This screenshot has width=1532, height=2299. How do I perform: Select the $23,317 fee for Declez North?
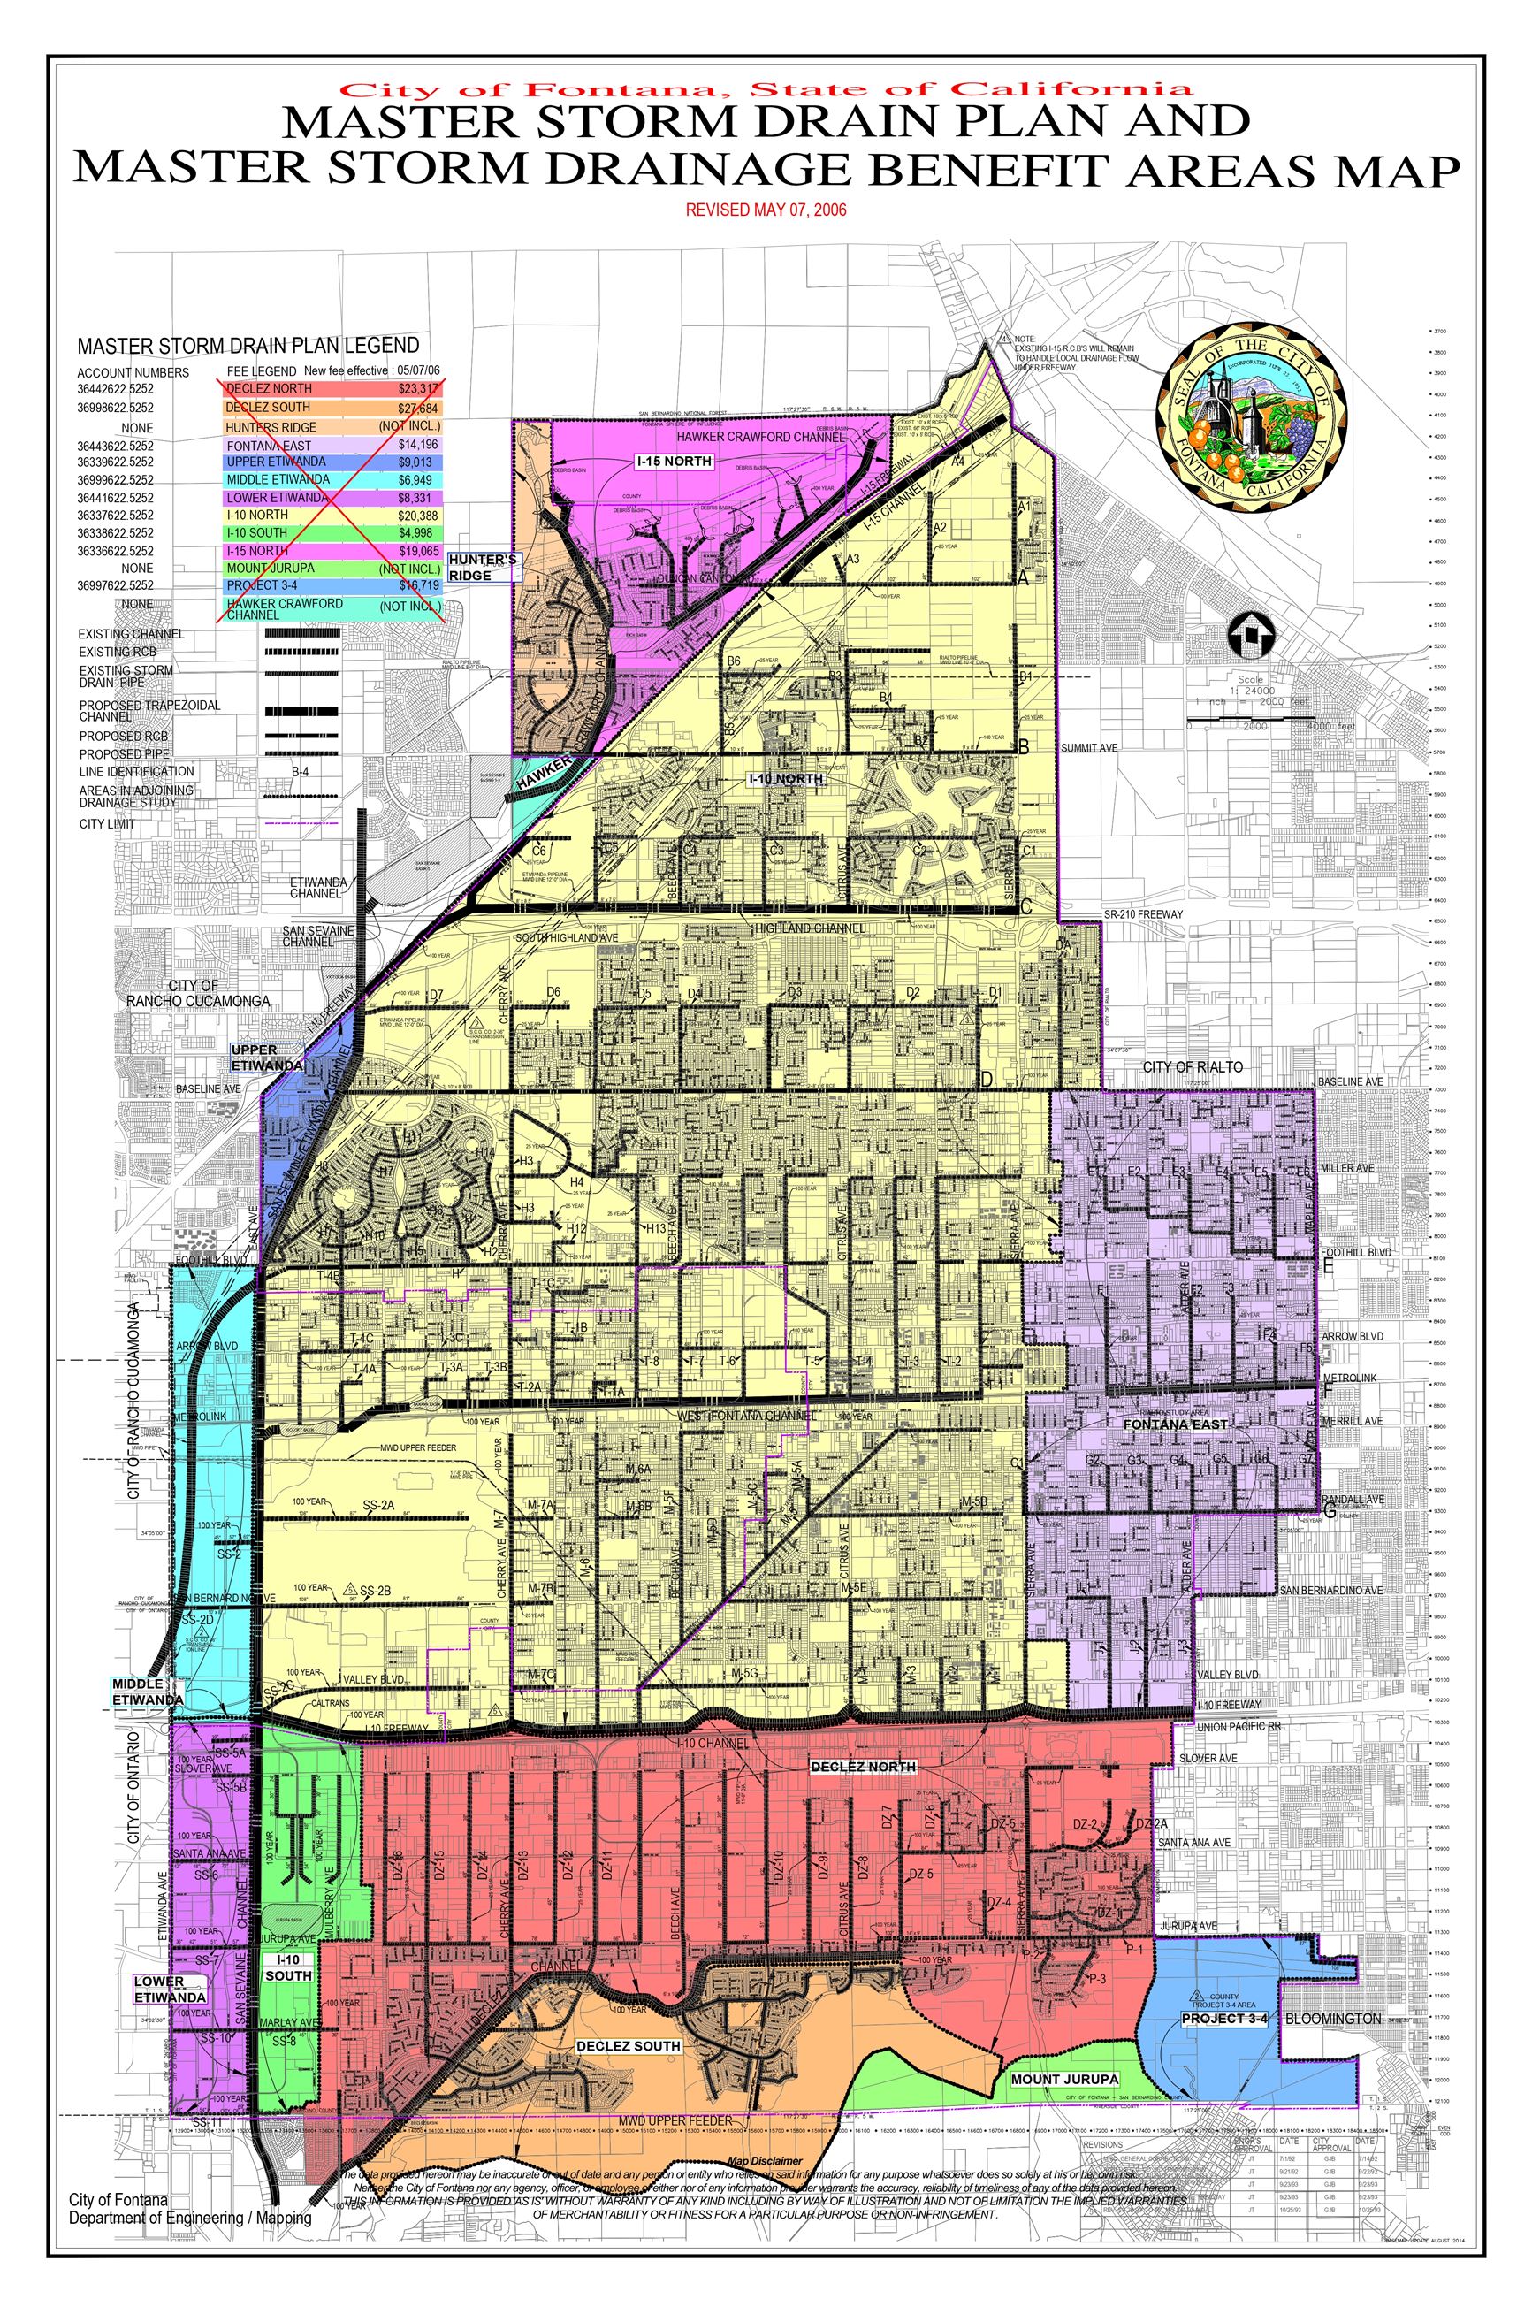pyautogui.click(x=418, y=389)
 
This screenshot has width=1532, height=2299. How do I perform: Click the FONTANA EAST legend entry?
pyautogui.click(x=269, y=446)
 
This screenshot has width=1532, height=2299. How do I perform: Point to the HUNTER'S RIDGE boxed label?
pyautogui.click(x=484, y=568)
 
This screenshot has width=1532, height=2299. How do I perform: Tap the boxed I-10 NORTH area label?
pyautogui.click(x=786, y=780)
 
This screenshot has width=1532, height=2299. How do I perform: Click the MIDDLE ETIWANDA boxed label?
pyautogui.click(x=147, y=1692)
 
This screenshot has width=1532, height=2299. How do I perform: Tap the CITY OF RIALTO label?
pyautogui.click(x=1192, y=1067)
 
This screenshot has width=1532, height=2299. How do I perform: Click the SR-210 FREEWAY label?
pyautogui.click(x=1142, y=914)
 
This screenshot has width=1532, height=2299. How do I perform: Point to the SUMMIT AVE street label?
pyautogui.click(x=1089, y=748)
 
